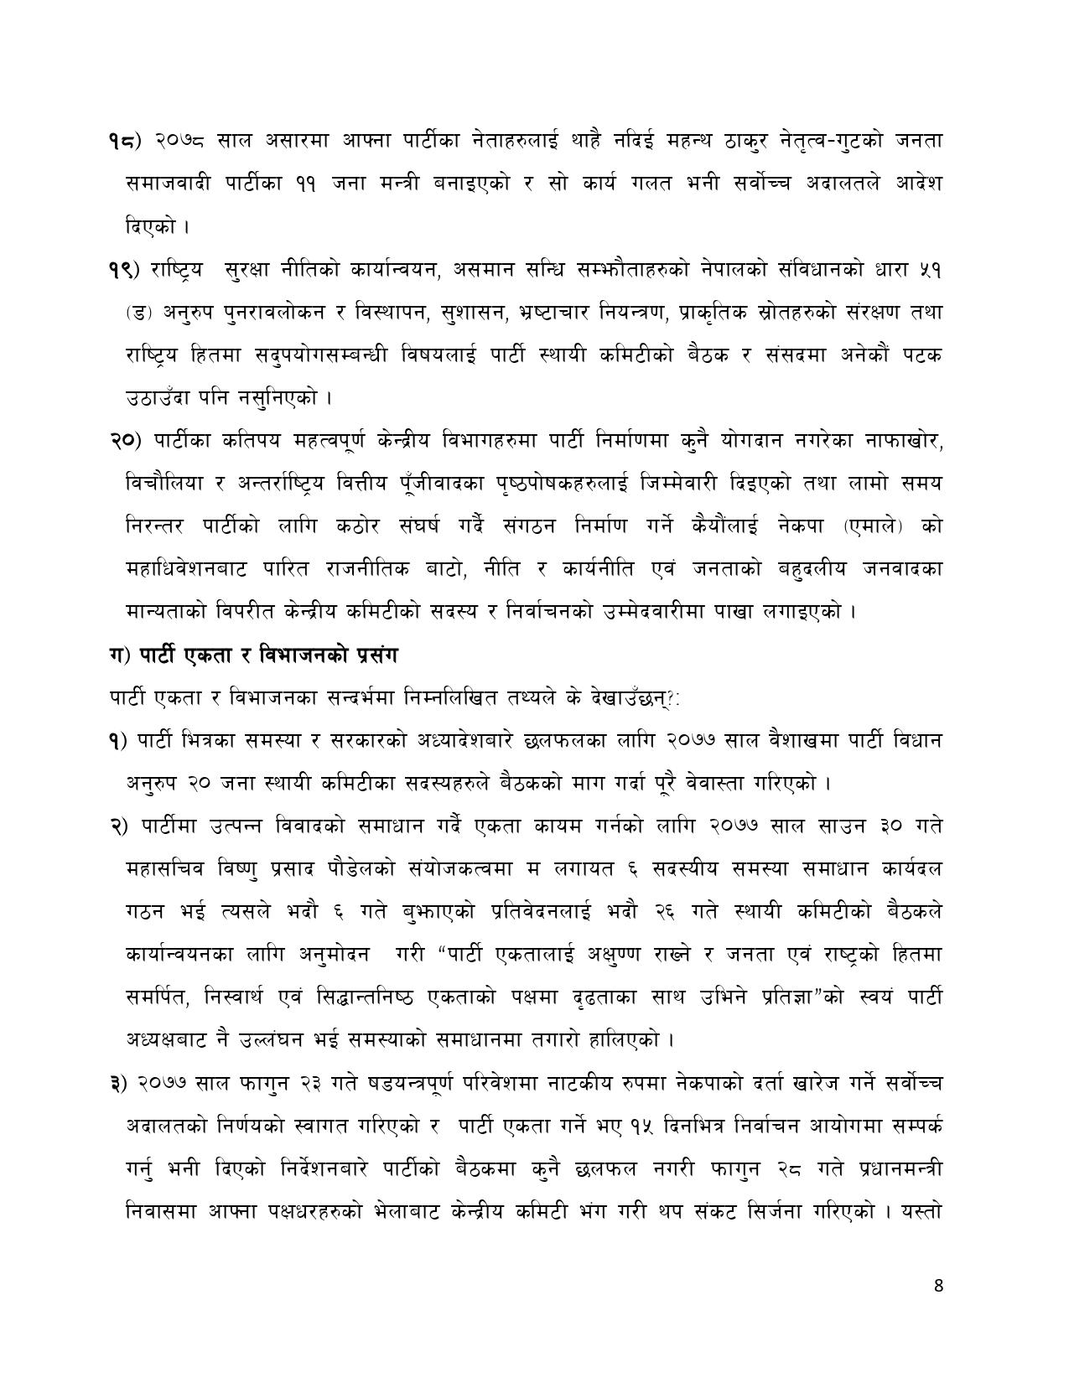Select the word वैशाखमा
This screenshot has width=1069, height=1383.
click(x=802, y=740)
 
